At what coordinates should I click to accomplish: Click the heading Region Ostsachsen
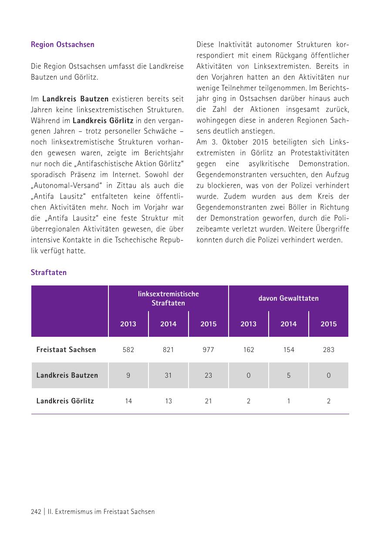(62, 44)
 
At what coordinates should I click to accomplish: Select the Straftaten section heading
(48, 272)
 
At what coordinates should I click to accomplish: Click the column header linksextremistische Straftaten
(168, 299)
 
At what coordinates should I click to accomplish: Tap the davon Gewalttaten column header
(288, 299)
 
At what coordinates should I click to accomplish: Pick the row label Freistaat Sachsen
(66, 349)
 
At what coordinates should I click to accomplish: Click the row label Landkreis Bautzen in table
(67, 375)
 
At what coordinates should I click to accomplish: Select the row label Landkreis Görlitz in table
(65, 401)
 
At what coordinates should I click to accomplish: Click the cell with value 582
(128, 349)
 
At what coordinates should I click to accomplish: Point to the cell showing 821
(168, 349)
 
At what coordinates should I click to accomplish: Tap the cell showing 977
(208, 349)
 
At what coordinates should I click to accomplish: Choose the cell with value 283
(328, 349)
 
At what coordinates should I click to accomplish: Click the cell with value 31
(168, 375)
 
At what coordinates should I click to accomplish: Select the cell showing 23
(208, 375)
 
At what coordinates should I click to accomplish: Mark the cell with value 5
(288, 375)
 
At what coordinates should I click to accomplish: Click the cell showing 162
(248, 349)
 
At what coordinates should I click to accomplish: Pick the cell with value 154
(288, 349)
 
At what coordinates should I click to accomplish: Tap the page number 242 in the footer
(36, 512)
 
